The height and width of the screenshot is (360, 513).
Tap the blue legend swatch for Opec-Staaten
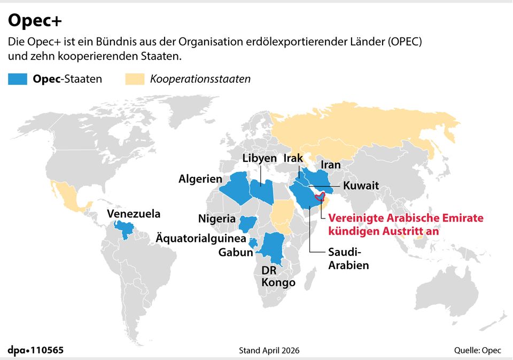pos(19,80)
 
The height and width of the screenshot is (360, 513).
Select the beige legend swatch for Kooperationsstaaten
pos(136,80)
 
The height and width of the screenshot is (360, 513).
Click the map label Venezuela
pos(134,214)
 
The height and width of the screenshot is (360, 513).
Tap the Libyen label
pos(260,158)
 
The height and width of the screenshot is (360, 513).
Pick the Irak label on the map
pos(293,158)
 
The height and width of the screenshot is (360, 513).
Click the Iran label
pos(331,165)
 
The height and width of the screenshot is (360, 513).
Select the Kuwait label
pos(361,186)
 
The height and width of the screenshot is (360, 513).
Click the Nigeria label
pos(216,218)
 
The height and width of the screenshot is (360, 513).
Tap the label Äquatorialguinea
pos(201,238)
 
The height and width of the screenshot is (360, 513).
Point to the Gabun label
pos(236,253)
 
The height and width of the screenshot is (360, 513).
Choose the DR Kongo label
pos(278,276)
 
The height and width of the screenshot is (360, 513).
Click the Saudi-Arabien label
pos(348,258)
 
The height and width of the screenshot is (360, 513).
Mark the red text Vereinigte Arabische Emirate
pos(406,218)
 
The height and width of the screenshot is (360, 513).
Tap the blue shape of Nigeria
pos(249,223)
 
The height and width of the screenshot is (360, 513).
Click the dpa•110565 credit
pos(36,350)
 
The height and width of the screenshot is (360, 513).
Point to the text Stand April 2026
pos(269,350)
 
